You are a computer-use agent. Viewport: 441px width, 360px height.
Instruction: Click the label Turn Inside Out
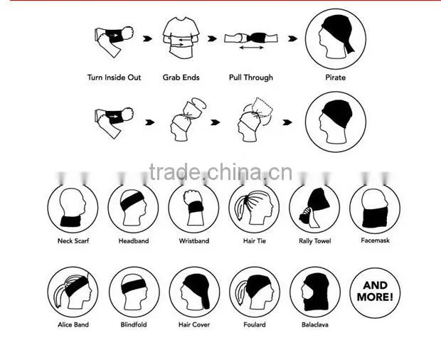coord(114,78)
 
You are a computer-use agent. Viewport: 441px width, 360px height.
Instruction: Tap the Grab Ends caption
coord(181,78)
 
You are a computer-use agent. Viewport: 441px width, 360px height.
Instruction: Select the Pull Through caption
coord(251,78)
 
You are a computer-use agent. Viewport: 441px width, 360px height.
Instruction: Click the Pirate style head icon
coord(336,39)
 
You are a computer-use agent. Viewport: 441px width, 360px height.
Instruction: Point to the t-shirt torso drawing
coord(181,38)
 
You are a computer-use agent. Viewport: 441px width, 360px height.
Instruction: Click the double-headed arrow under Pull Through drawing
coord(251,48)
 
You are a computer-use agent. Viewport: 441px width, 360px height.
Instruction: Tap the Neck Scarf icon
coord(73,208)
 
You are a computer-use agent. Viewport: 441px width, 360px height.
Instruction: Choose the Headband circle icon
coord(133,208)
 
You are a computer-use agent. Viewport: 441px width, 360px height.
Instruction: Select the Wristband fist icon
coord(193,208)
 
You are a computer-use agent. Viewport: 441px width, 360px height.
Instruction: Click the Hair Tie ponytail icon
coord(254,208)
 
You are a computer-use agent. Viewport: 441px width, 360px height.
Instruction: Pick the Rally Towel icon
coord(314,208)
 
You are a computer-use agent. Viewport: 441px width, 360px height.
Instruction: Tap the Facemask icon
coord(375,208)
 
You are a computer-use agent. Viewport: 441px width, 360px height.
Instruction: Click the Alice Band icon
coord(73,292)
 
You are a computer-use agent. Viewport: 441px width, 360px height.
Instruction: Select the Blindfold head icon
coord(134,292)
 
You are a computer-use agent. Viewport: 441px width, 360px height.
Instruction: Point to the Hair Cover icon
coord(194,292)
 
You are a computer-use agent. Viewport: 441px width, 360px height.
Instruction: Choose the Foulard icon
coord(255,292)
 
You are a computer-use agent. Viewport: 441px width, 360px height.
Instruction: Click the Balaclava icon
coord(315,292)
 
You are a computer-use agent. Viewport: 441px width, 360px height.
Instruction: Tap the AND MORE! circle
coord(375,292)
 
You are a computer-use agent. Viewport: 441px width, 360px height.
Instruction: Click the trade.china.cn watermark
coord(220,172)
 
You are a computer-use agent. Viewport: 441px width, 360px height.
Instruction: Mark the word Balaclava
coord(315,324)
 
